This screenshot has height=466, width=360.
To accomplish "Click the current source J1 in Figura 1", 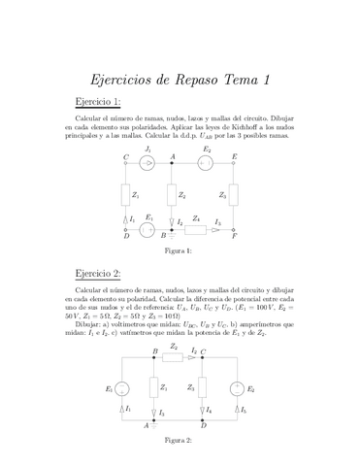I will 147,163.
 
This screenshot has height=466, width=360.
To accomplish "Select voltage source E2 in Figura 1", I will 205,163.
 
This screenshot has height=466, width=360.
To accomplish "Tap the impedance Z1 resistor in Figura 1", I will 125,195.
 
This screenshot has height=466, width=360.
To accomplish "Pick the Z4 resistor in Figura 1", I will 197,230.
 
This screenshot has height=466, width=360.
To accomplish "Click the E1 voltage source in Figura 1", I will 147,230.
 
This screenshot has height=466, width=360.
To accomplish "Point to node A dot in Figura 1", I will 172,163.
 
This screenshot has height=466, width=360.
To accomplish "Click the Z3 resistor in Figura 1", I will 234,195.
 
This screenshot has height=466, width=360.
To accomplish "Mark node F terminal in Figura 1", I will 234,230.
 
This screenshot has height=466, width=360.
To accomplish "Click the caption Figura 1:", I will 180,250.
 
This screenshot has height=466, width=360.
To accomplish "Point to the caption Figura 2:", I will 179,440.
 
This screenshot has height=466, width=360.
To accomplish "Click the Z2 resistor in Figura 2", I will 174,355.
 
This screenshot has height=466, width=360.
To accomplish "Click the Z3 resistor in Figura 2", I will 203,388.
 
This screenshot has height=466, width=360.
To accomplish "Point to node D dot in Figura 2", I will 203,419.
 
